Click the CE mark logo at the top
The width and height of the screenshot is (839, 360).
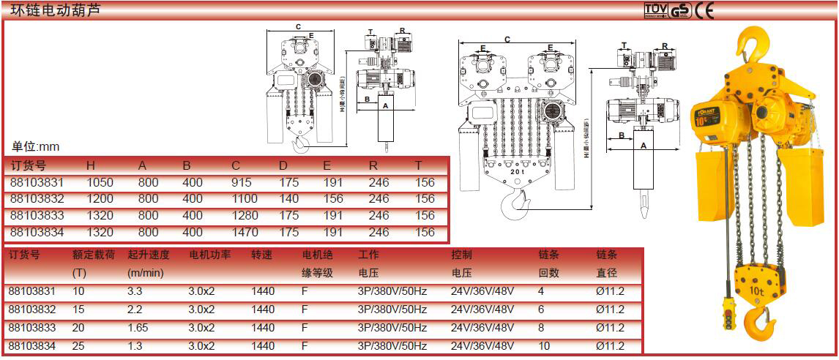[704, 10]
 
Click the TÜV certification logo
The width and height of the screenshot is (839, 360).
[655, 10]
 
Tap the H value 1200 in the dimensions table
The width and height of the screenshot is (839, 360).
[100, 199]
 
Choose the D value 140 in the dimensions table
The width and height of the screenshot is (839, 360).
[289, 199]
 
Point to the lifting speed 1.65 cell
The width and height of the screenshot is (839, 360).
[138, 328]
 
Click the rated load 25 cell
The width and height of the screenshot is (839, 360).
[78, 345]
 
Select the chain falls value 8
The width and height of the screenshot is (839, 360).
[541, 328]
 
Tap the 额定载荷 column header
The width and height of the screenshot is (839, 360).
[93, 255]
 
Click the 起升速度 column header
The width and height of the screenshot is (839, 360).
[149, 255]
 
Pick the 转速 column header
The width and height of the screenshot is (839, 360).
[262, 255]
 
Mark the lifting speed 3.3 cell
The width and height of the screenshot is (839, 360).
[135, 291]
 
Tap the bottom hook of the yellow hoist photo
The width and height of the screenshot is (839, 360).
[759, 322]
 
